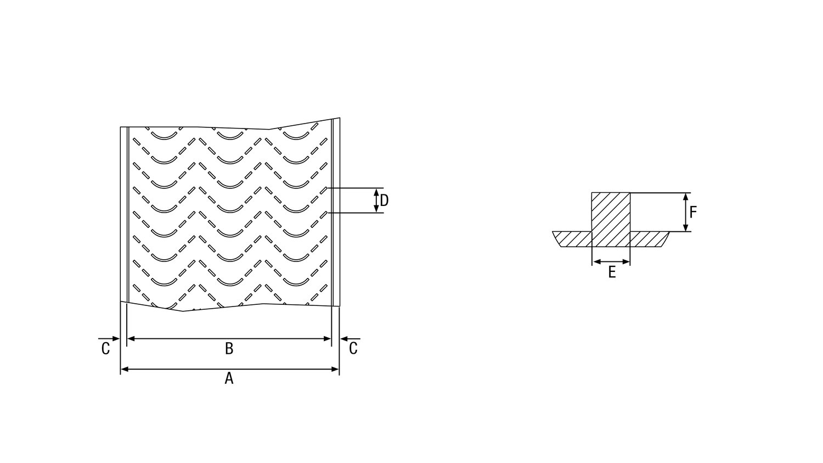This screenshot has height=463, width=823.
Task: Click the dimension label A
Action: tap(229, 378)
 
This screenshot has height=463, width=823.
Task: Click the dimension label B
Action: tap(229, 348)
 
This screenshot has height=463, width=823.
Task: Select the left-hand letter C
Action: tap(105, 349)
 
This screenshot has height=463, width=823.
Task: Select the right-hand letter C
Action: tap(353, 348)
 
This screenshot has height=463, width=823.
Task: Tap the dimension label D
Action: tap(384, 200)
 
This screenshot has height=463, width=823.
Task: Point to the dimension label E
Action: tap(612, 272)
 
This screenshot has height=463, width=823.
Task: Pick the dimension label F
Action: tap(693, 212)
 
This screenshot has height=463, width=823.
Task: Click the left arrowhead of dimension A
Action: tap(125, 369)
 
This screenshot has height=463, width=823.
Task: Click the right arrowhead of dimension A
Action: tap(335, 369)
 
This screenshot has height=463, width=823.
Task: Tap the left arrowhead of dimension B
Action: tap(131, 339)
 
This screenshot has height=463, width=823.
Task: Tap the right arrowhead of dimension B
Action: tap(328, 339)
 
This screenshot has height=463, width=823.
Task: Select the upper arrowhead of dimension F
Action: tap(685, 197)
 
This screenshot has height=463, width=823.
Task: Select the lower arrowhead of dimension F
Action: tap(685, 227)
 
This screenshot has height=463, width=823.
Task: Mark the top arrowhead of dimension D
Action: tap(376, 192)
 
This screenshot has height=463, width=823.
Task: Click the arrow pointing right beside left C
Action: tap(109, 338)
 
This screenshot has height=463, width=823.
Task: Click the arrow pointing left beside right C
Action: tap(351, 339)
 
